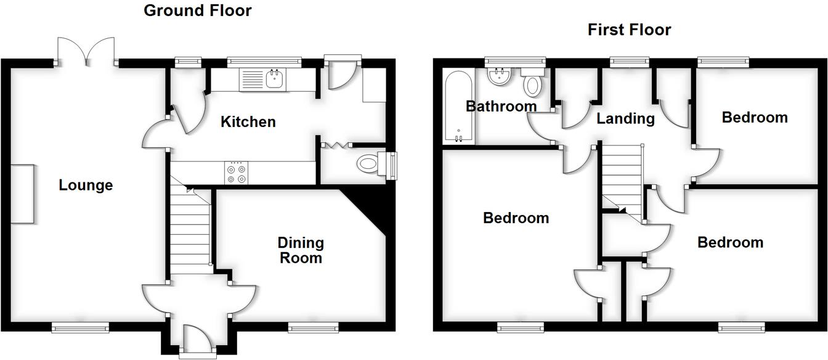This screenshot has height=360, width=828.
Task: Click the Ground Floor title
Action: [197, 10]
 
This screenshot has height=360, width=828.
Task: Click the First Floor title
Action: [629, 30]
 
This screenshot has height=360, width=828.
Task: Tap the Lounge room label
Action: [86, 185]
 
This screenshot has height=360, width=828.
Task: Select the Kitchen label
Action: [248, 122]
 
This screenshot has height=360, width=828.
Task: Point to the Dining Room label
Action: [301, 250]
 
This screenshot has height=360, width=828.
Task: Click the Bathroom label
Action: [501, 106]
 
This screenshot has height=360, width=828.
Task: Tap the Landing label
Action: [625, 118]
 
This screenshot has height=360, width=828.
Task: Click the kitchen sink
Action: [263, 80]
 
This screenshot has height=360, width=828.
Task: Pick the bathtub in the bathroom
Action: [459, 107]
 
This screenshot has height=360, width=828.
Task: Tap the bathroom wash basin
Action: [498, 77]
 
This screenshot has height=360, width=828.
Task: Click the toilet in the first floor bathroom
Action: [532, 84]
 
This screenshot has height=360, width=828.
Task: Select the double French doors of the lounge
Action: [86, 51]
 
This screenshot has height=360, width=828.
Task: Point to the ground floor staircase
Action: [190, 228]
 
